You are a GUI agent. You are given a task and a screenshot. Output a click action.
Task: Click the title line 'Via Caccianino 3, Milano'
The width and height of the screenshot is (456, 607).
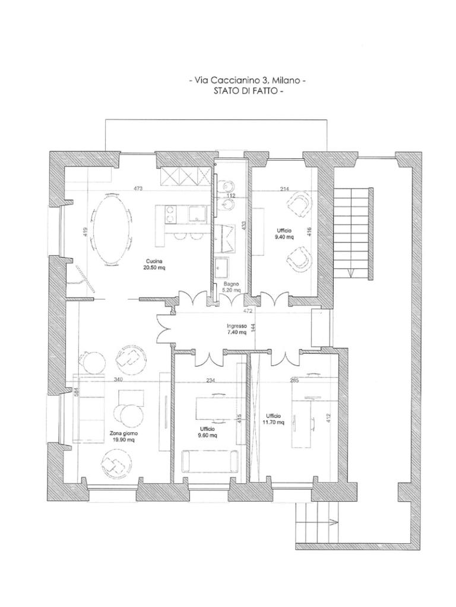click(x=248, y=81)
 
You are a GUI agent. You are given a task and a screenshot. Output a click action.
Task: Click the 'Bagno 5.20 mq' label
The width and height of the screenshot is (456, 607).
click(x=231, y=286)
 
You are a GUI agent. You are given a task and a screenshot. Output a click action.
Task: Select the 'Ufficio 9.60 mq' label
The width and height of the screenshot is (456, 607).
click(x=207, y=432)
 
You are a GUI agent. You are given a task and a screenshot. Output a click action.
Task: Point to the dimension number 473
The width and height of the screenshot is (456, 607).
click(x=138, y=189)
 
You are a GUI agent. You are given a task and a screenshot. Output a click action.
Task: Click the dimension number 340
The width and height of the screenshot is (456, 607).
click(x=118, y=379)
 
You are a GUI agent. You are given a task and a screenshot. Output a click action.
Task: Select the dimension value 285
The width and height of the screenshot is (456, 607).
click(x=294, y=380)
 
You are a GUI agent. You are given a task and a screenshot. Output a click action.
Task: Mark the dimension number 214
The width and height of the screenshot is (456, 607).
click(x=285, y=189)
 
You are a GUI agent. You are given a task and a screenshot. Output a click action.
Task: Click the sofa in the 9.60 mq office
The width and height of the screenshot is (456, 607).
click(x=210, y=461)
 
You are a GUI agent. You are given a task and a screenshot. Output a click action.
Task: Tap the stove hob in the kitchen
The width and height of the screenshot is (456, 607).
click(x=170, y=215)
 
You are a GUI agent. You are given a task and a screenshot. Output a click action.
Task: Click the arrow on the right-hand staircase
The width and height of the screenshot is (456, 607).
click(x=351, y=273)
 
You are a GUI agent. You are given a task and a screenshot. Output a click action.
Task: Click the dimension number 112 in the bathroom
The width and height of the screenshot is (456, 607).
click(x=232, y=196)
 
